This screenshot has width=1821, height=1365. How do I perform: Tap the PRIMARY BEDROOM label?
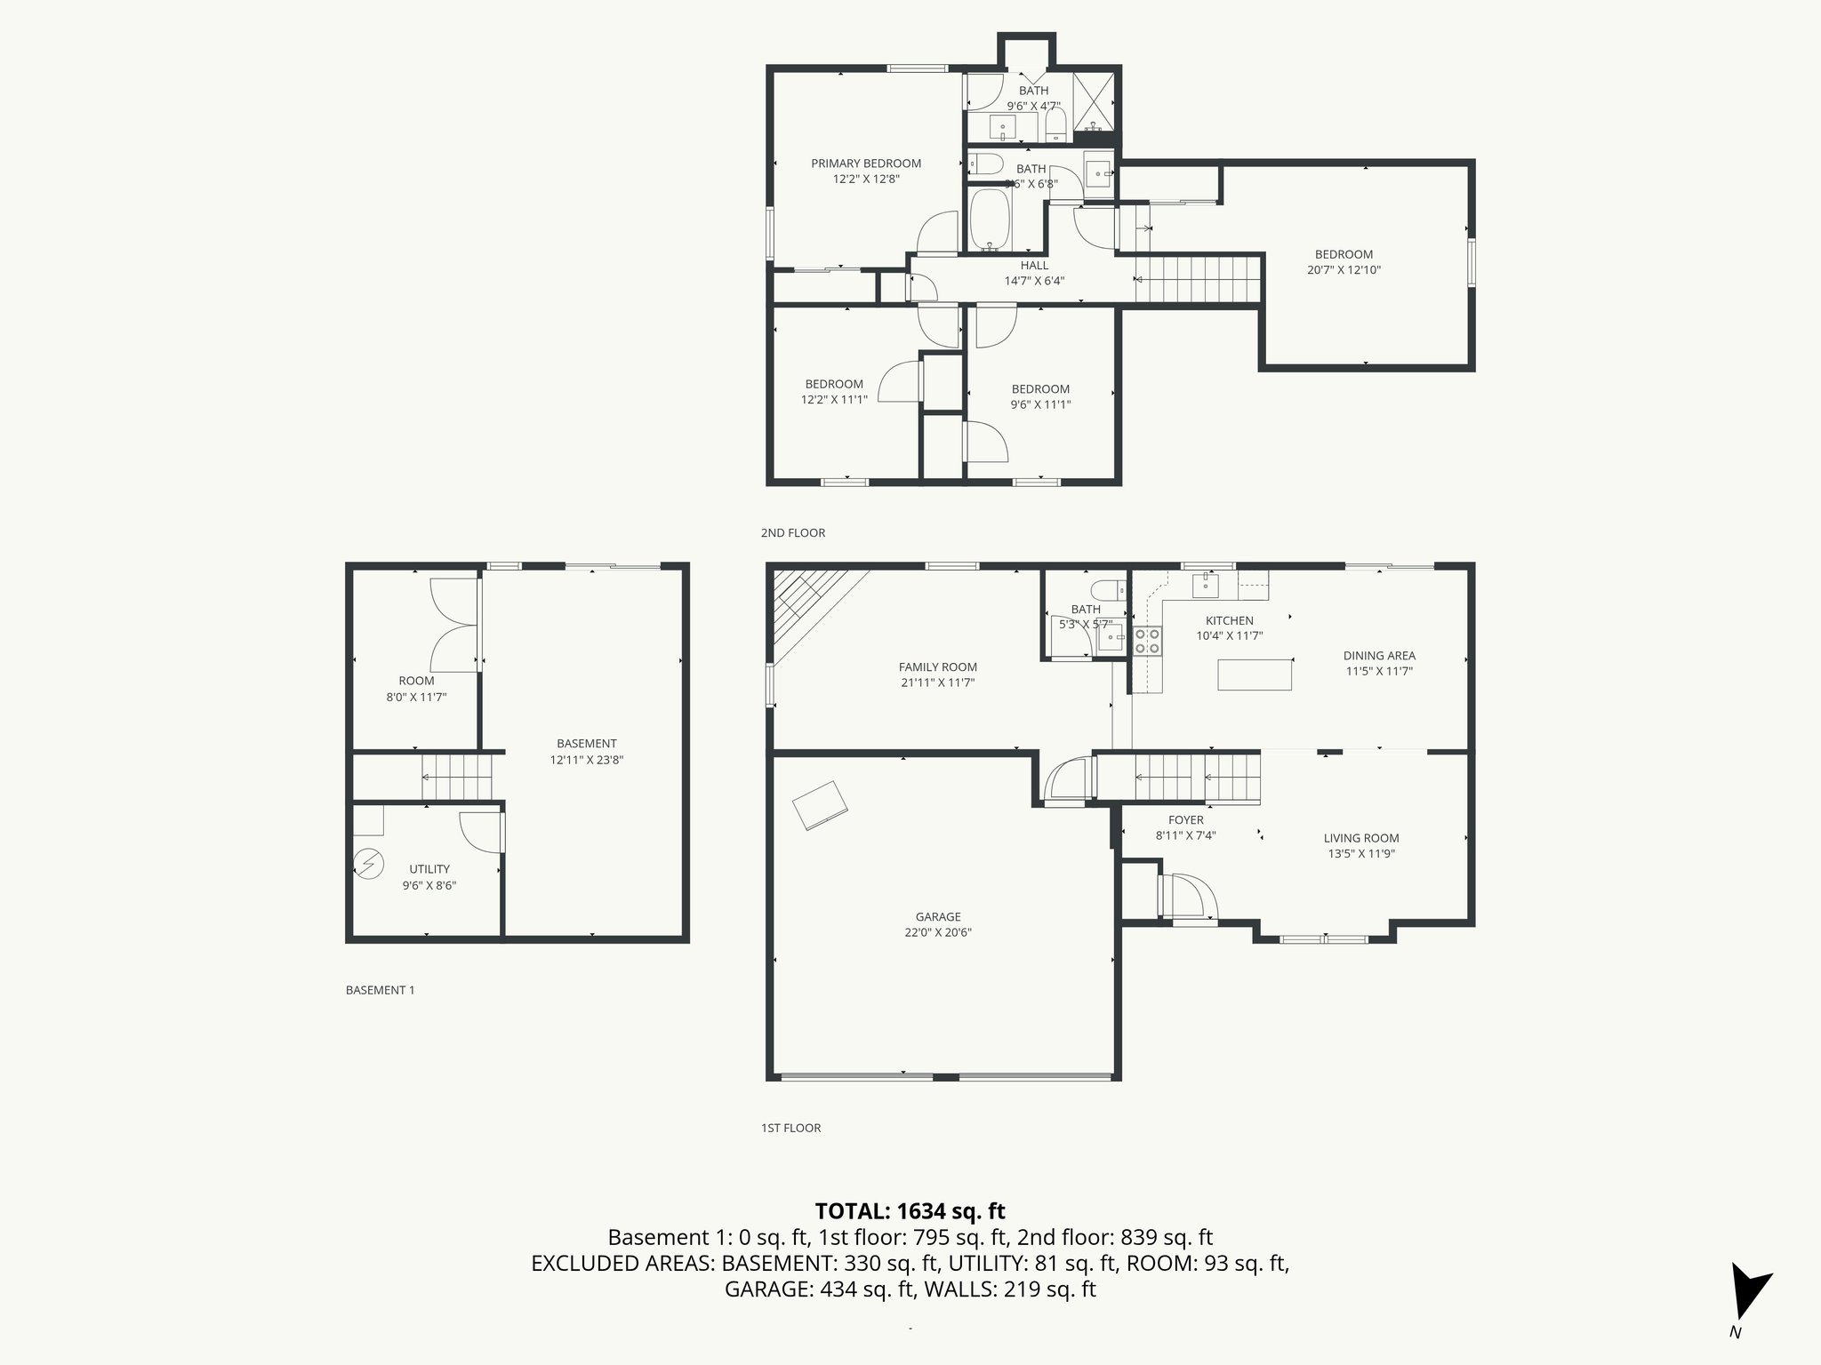point(865,164)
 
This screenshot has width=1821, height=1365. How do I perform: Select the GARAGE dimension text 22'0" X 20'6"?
point(938,932)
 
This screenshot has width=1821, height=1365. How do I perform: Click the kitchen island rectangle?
point(1255,675)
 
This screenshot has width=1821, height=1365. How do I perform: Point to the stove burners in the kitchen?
point(1147,641)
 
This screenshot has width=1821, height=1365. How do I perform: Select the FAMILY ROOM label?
point(937,667)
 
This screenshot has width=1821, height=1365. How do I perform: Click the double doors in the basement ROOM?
point(453,625)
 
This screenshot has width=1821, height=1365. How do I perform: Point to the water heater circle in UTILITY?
point(368,863)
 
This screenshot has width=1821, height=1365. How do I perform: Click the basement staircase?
point(457,777)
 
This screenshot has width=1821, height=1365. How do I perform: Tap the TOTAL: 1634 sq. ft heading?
point(910,1211)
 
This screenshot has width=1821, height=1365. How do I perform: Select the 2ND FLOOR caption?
point(792,533)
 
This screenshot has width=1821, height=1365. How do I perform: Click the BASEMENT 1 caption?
point(380,990)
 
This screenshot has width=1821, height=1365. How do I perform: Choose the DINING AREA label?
point(1378,656)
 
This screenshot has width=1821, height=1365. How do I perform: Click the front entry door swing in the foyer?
point(1190,897)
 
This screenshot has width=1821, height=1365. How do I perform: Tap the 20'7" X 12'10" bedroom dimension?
point(1344,270)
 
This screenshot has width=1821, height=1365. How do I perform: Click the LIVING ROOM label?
point(1360,838)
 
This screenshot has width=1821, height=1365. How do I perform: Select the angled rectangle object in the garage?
point(821,805)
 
